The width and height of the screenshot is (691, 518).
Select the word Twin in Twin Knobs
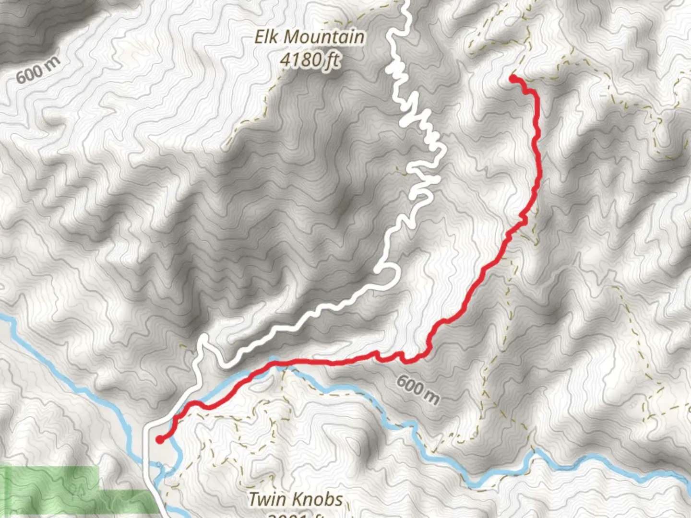point(264,499)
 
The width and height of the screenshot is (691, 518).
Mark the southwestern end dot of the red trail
point(159,439)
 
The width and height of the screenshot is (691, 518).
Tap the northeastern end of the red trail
point(513,78)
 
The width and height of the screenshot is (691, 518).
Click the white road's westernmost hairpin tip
point(203,339)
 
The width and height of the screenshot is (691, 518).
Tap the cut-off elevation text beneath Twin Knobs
point(295,515)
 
